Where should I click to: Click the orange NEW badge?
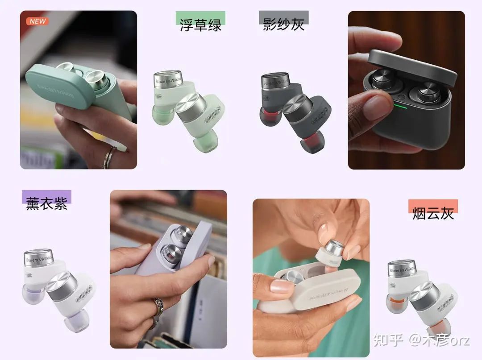37,21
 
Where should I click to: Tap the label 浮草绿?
200,25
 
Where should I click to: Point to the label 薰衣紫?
46,204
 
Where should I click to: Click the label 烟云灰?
433,213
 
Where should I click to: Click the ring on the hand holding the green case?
109,157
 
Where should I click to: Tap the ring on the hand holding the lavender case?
158,308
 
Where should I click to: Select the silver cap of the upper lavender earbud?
38,257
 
